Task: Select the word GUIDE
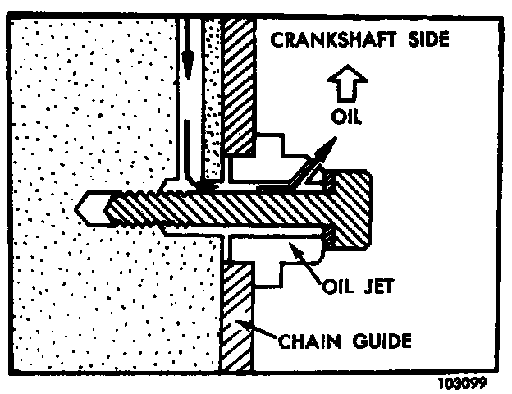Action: coord(378,339)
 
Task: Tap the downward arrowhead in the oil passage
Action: coord(189,62)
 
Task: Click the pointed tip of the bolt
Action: coord(83,206)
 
